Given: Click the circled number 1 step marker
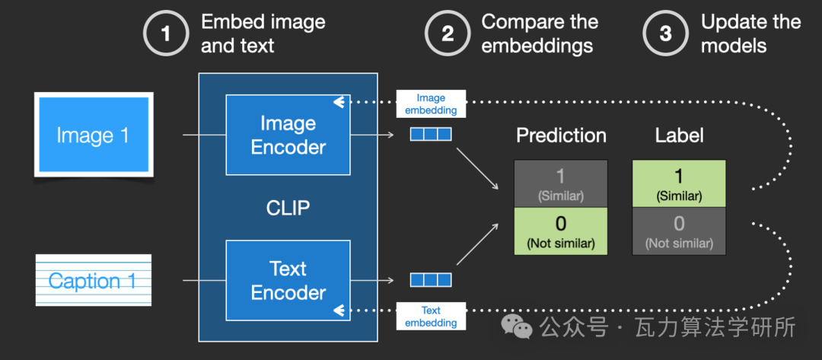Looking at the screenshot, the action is click(x=166, y=34).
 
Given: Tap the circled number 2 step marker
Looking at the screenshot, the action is click(x=448, y=34).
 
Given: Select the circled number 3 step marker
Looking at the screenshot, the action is click(x=664, y=34).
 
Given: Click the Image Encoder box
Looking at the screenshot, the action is click(x=288, y=135).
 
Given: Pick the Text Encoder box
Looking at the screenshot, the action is click(x=288, y=280).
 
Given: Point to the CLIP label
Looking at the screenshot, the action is click(x=288, y=208).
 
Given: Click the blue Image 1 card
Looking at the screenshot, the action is click(x=94, y=135).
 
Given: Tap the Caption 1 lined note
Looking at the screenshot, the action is click(x=94, y=280).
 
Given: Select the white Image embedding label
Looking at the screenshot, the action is click(x=431, y=104).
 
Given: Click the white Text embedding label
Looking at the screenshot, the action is click(x=431, y=316).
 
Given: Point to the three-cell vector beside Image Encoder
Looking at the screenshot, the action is click(x=430, y=135).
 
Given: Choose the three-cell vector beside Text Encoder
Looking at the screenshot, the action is click(x=430, y=280).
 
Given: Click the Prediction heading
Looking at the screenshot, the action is click(x=561, y=135).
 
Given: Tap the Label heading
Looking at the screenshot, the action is click(x=679, y=135).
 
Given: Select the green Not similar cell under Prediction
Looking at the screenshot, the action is click(x=560, y=231).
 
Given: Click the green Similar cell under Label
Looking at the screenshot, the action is click(x=679, y=183).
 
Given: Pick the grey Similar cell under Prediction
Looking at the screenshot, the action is click(x=560, y=183).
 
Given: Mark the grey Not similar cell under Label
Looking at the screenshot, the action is click(x=679, y=231).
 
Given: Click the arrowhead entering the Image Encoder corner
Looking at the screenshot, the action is click(x=339, y=103).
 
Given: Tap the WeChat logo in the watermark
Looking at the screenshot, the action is click(x=516, y=327).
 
